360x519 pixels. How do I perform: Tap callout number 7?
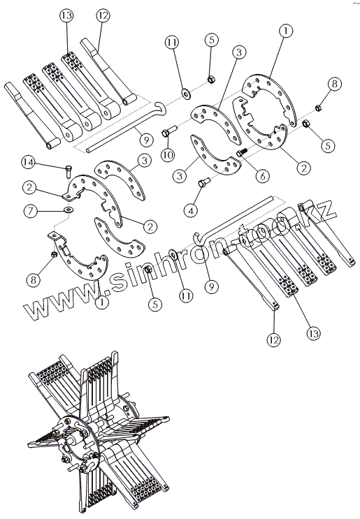(x=31, y=211)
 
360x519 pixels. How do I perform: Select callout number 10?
(x=168, y=154)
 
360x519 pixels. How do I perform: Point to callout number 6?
(x=262, y=176)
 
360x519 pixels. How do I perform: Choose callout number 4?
(x=191, y=210)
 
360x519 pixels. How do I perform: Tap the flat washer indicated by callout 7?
(x=69, y=210)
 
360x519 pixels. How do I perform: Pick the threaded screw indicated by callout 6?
(x=242, y=152)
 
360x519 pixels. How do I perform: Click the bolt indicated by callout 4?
(x=203, y=182)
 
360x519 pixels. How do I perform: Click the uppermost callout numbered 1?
(x=286, y=31)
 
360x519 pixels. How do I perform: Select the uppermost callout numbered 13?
(x=66, y=16)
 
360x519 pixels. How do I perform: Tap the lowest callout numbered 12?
(x=274, y=339)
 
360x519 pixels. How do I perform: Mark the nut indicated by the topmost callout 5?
(x=211, y=80)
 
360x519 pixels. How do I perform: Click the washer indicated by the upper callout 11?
(x=185, y=94)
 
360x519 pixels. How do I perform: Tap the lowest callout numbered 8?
(x=34, y=280)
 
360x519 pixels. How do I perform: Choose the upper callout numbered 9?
(x=145, y=140)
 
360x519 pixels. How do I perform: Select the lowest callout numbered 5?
(x=155, y=304)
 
